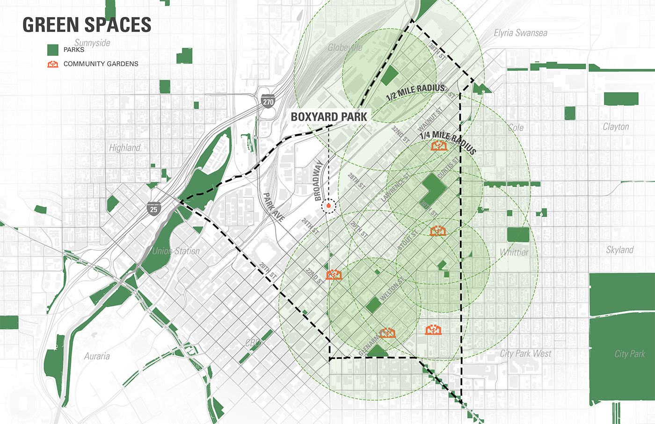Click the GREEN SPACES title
[87, 25]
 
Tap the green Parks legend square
[53, 50]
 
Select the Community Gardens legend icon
[53, 64]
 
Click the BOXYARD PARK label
[329, 117]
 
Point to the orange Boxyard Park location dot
[329, 206]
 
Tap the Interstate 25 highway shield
[153, 208]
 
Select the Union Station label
[176, 251]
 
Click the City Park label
[629, 354]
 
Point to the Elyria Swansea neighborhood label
[520, 33]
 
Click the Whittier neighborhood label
[514, 252]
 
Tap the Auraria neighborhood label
[97, 356]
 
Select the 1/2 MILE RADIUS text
[415, 92]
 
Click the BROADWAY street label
[319, 180]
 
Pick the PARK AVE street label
[274, 206]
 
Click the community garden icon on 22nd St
[334, 274]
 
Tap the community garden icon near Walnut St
[439, 146]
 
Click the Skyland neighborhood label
[619, 250]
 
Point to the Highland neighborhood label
[124, 148]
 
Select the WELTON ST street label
[392, 289]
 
